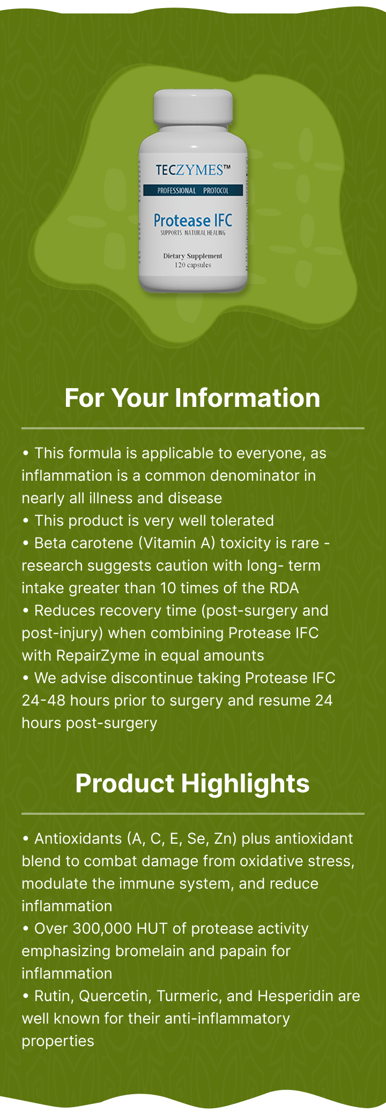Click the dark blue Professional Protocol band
(x=193, y=190)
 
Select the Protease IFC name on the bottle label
(x=193, y=220)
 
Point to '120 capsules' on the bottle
(x=193, y=265)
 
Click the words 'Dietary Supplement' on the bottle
(x=193, y=256)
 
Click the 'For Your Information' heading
(x=192, y=398)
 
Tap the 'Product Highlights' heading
(x=192, y=783)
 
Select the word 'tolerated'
(x=242, y=520)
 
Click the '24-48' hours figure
(x=44, y=700)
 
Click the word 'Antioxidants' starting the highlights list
(x=78, y=838)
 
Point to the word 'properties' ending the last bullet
(x=58, y=1041)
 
